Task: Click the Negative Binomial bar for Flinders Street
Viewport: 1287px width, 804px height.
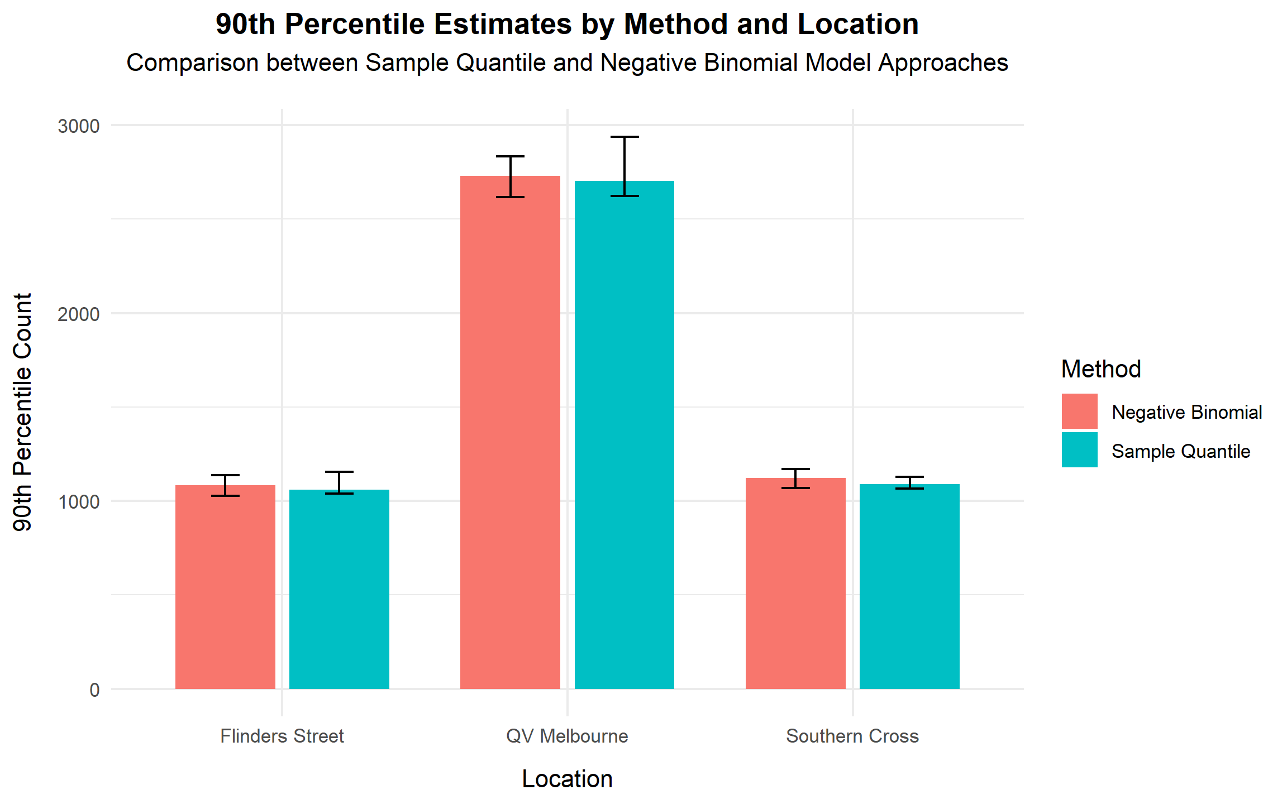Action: tap(225, 586)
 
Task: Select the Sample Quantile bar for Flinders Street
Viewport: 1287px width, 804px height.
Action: tap(339, 589)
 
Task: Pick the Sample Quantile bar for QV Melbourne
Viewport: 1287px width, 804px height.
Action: tap(624, 435)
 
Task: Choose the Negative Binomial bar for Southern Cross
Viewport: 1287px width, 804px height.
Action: tap(795, 583)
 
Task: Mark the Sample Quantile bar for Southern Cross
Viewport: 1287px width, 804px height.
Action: tap(909, 586)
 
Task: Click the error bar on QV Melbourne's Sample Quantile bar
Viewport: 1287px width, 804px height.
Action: tap(624, 166)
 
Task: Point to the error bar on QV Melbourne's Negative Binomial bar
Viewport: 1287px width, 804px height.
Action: tap(510, 176)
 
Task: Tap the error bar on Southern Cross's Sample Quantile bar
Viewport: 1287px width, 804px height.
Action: tap(909, 482)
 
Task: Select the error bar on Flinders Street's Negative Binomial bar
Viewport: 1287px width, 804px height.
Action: tap(225, 485)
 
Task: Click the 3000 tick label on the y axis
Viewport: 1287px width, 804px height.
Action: tap(79, 126)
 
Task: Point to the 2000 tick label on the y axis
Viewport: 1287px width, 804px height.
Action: tap(79, 314)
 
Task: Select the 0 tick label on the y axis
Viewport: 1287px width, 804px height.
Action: tap(94, 690)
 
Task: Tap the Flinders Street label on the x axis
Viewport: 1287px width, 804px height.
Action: tap(282, 736)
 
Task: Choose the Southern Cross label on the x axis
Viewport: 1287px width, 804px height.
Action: tap(852, 736)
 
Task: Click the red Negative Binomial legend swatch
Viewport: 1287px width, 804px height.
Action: tap(1079, 411)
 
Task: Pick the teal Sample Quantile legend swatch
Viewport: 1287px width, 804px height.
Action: tap(1079, 450)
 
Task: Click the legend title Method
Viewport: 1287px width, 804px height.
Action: tap(1100, 369)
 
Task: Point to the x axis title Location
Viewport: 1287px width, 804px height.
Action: tap(567, 779)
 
